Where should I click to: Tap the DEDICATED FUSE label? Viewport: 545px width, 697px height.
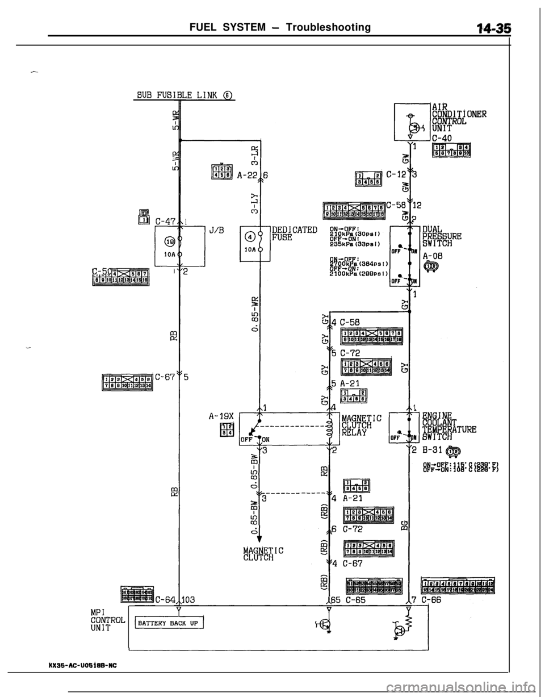[x=294, y=233]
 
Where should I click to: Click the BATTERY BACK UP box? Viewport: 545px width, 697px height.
[x=169, y=622]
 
